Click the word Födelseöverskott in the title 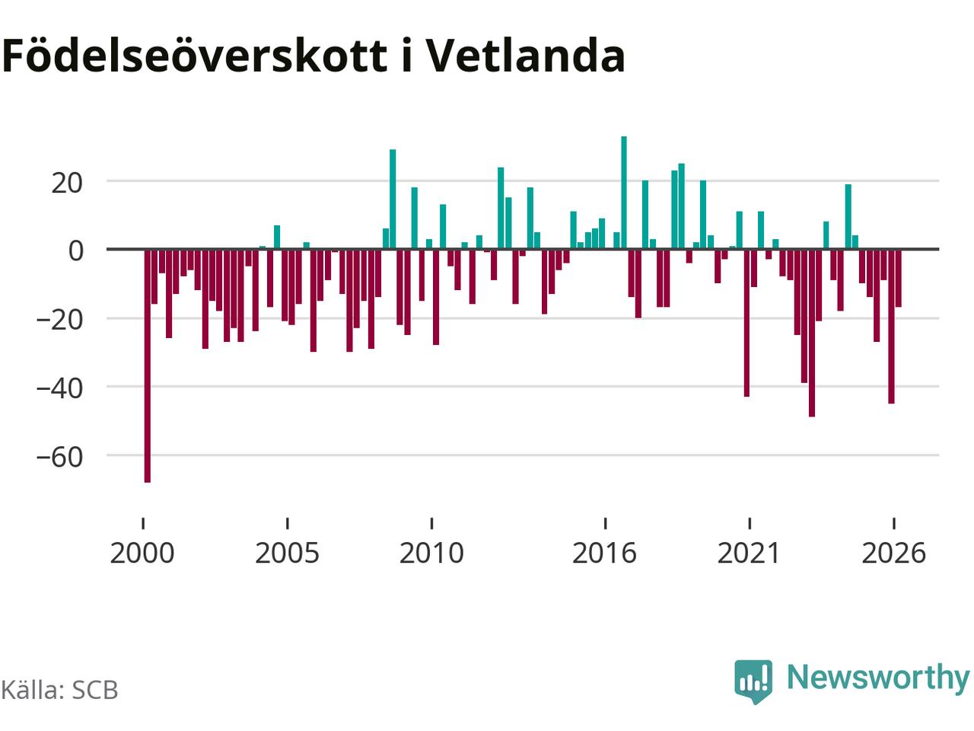(x=195, y=56)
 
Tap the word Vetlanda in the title (x=526, y=56)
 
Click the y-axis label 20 (x=67, y=183)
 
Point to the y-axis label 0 (x=76, y=251)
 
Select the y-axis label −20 (x=59, y=320)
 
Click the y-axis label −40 (x=59, y=388)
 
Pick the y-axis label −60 (x=59, y=457)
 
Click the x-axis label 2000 (x=142, y=554)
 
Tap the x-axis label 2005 (x=287, y=554)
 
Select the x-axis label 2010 (x=431, y=554)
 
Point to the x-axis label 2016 (x=605, y=554)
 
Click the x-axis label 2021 (x=749, y=554)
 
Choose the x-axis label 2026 (x=893, y=554)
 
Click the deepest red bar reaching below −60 (x=148, y=366)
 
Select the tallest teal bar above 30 (x=624, y=193)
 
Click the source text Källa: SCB (x=59, y=690)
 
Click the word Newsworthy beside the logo (x=878, y=678)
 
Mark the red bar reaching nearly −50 (x=812, y=334)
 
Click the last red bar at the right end (x=899, y=278)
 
